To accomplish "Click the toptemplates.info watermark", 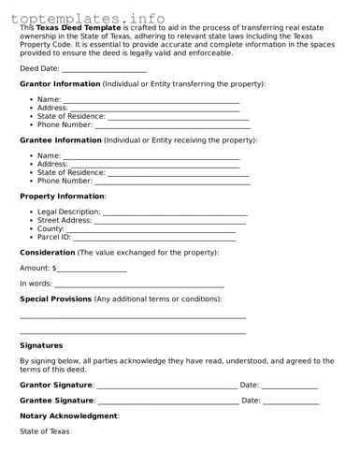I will (93, 18).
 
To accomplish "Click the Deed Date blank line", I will (105, 69).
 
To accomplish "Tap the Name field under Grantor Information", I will (151, 100).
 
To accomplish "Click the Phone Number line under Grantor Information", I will (172, 125).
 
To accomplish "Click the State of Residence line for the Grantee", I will (179, 173).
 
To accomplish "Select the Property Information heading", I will (62, 197).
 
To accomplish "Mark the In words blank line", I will (139, 284).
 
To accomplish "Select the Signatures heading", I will (41, 345).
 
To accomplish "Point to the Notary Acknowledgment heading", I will (68, 416).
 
